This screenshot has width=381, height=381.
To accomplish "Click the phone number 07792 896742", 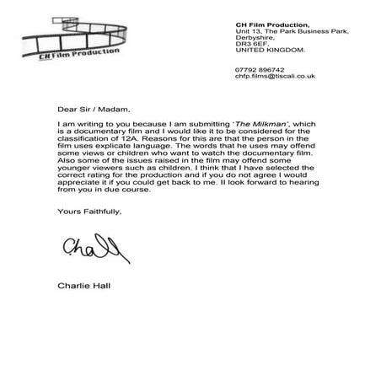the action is coord(260,69).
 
